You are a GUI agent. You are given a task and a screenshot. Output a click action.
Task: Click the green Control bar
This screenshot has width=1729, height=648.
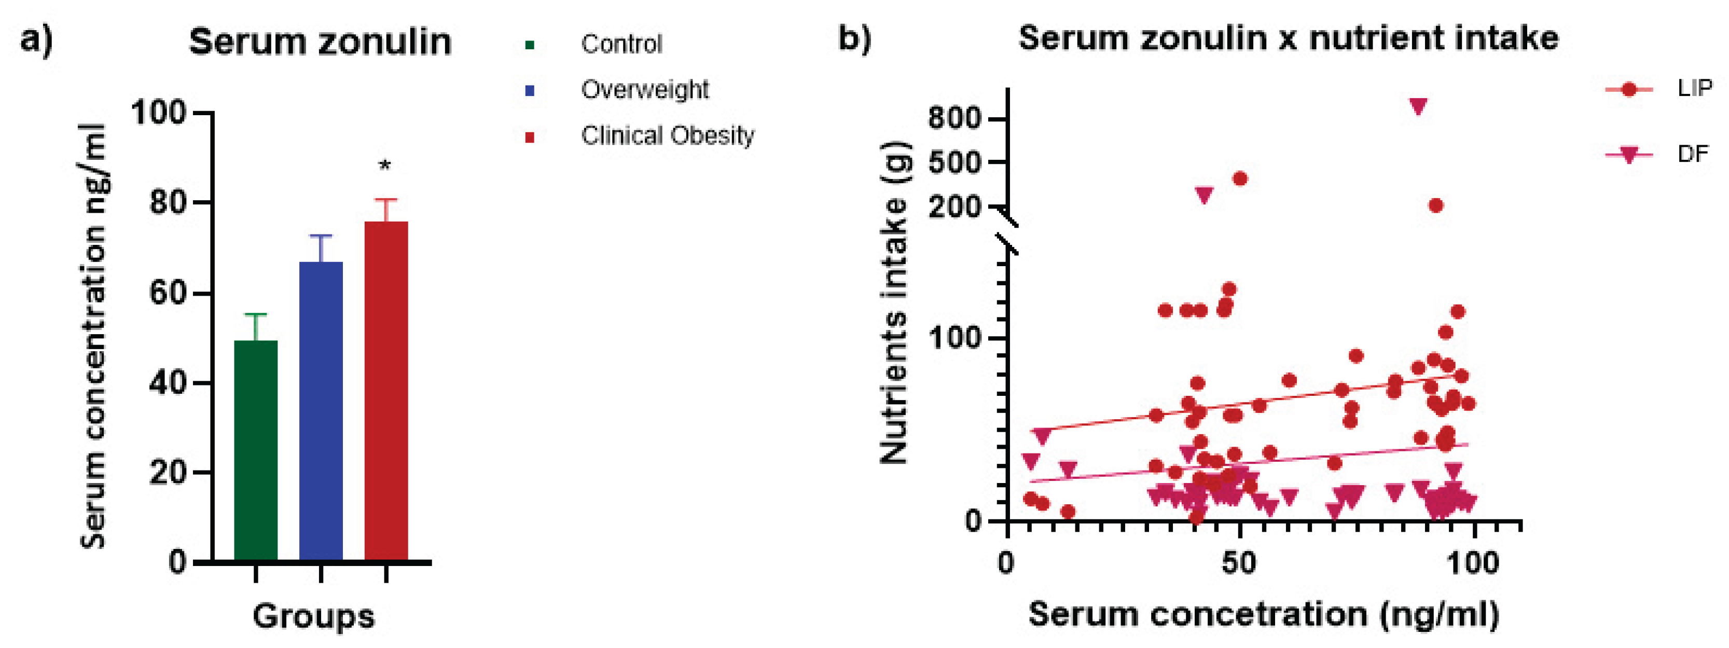coord(256,450)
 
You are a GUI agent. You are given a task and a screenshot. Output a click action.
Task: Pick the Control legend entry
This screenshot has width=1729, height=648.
coord(621,44)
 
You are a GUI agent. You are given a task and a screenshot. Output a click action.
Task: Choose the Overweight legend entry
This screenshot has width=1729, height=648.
coord(644,89)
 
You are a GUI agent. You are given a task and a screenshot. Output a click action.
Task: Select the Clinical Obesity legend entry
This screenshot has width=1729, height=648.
coord(667,135)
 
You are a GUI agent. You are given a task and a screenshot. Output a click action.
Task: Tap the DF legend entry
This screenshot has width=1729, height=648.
coord(1692,155)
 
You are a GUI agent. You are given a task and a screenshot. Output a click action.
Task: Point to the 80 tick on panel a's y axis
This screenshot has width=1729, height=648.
coord(168,202)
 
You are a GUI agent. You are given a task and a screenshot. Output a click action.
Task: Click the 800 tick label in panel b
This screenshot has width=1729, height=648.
coord(954,119)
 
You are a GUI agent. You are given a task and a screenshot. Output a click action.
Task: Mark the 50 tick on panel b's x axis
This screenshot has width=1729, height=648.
coord(1238,563)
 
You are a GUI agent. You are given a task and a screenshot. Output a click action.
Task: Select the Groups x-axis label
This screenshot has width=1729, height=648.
coord(313,616)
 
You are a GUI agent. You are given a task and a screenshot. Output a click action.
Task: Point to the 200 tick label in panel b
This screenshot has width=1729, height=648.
coord(954,206)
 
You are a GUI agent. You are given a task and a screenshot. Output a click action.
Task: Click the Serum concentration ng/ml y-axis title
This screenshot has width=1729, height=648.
coord(93,336)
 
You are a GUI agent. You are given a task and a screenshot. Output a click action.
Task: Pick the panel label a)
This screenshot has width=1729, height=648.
coord(36,40)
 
